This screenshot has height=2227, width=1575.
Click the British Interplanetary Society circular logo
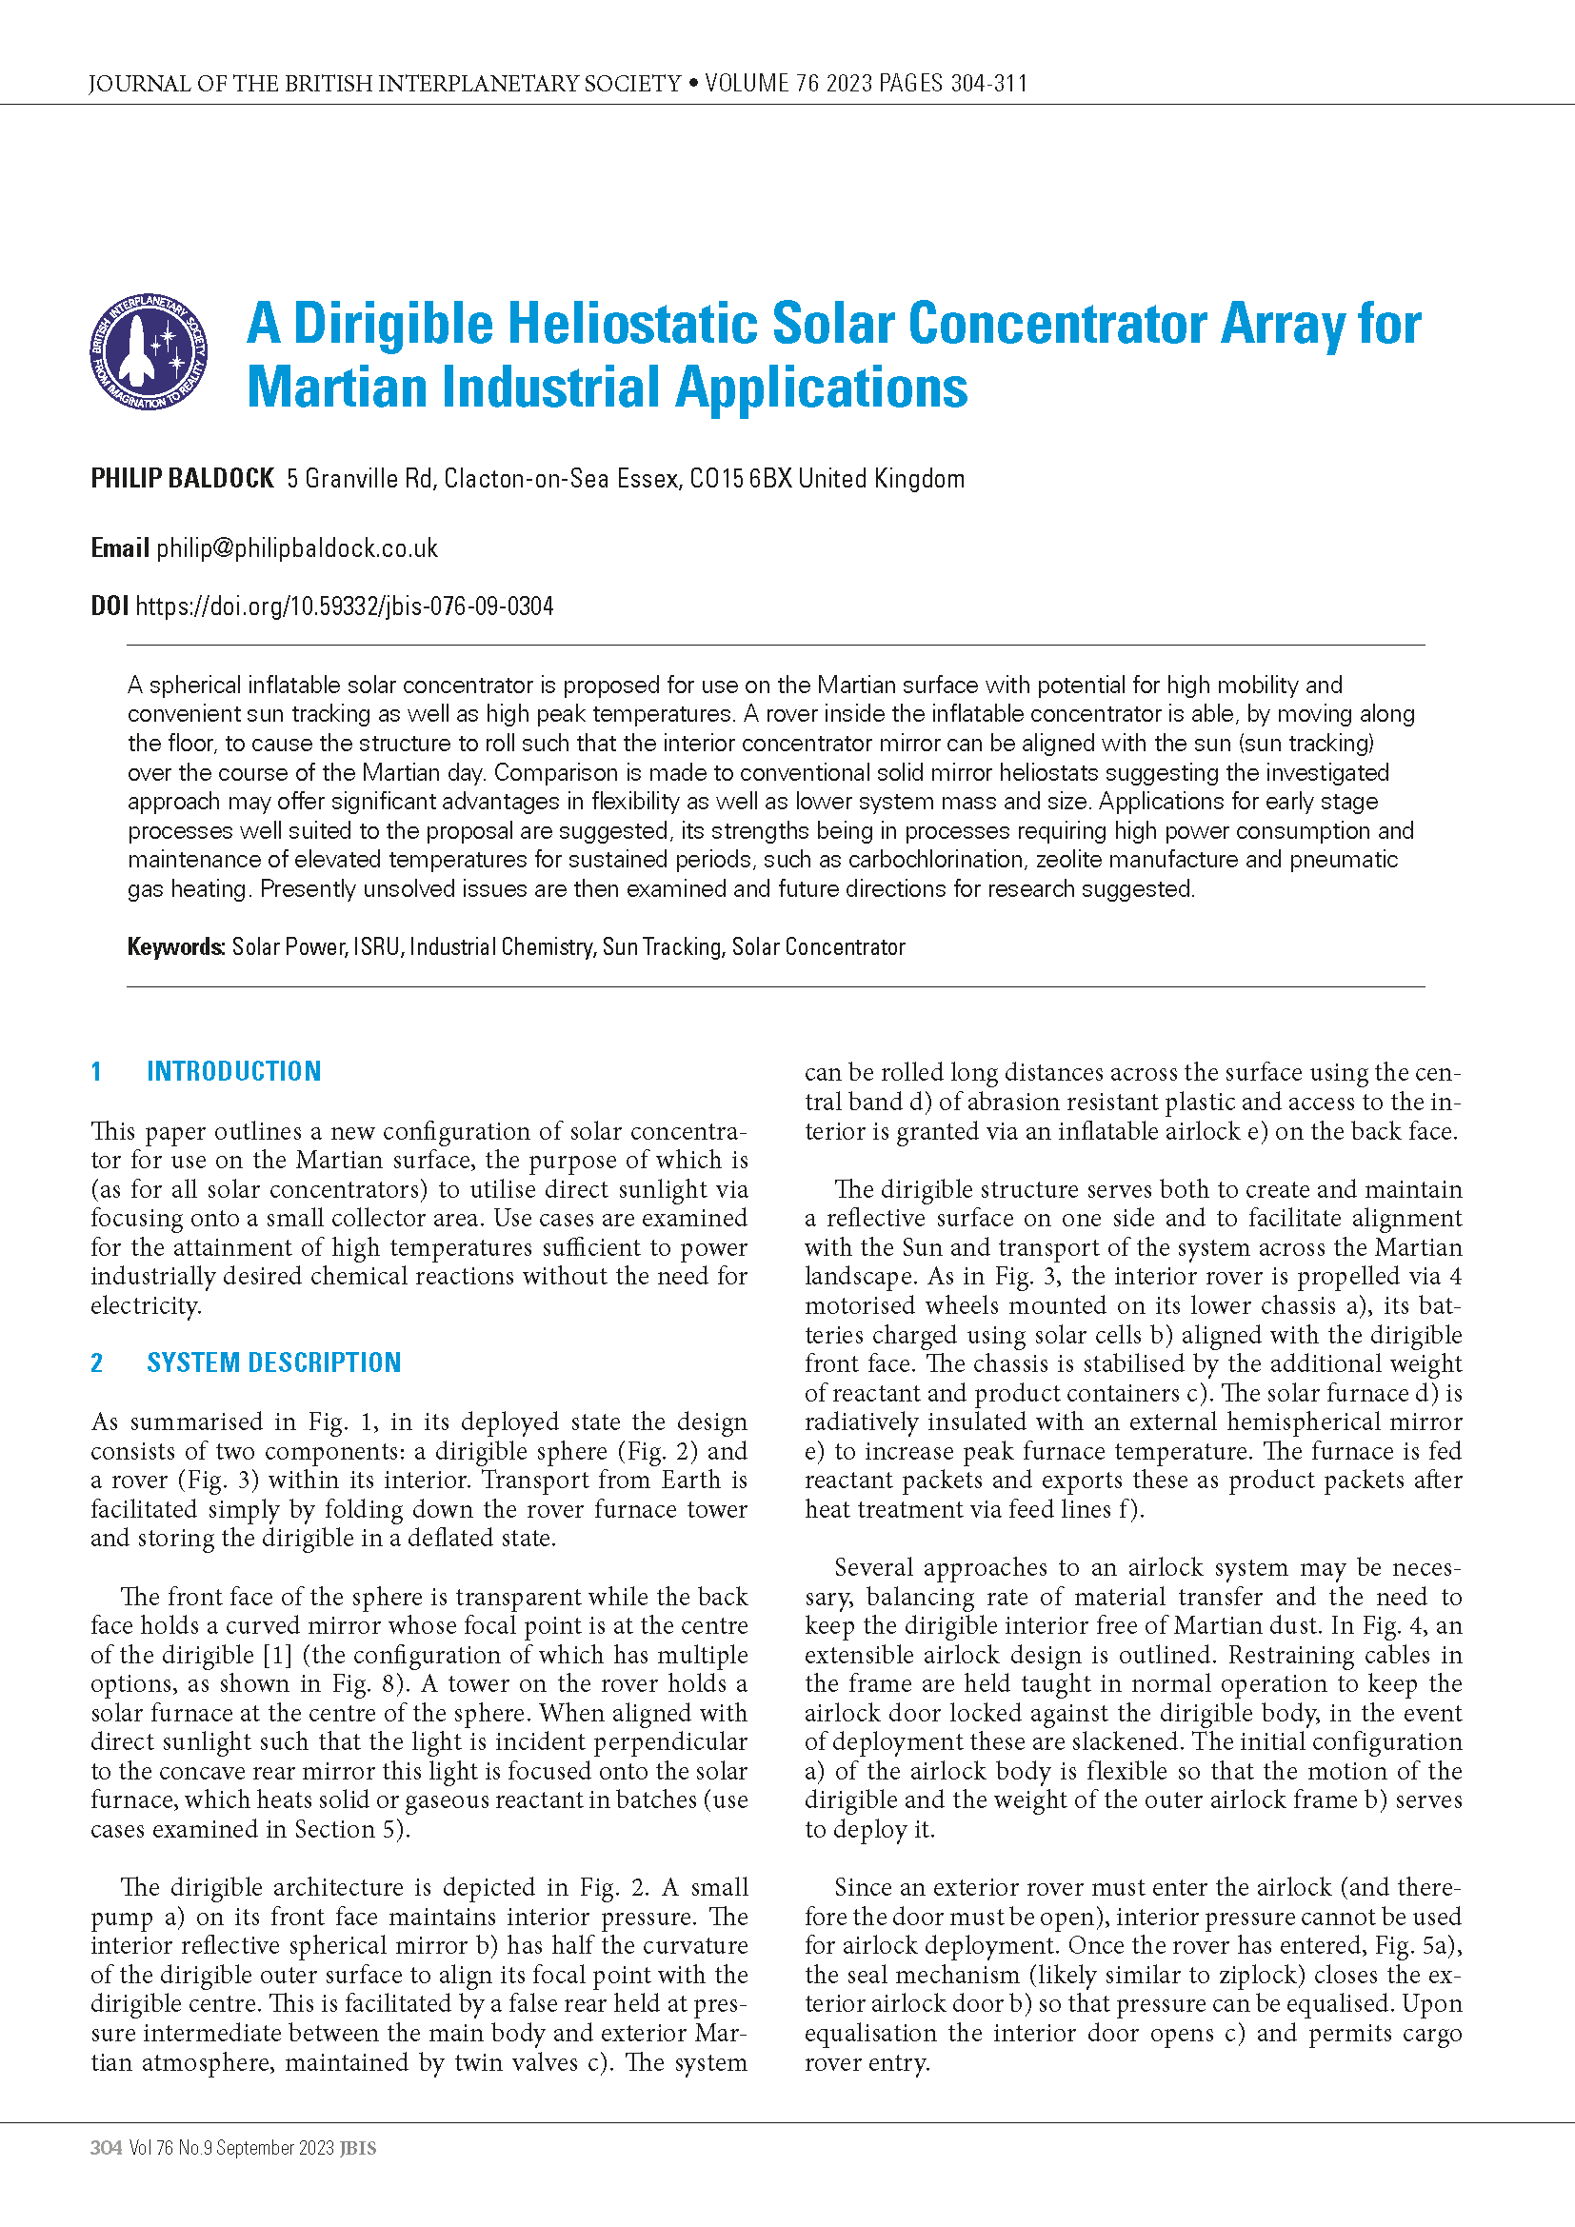[149, 352]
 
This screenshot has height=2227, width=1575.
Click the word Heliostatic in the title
[631, 323]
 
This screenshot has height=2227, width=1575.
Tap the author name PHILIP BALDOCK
[182, 478]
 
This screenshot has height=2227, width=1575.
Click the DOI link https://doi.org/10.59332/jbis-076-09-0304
[345, 606]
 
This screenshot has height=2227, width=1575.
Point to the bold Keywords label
[175, 946]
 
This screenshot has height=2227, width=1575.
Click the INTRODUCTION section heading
[233, 1071]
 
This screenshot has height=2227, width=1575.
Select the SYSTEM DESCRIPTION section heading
[273, 1362]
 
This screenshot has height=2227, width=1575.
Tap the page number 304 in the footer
[106, 2147]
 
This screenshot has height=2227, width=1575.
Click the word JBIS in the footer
[358, 2147]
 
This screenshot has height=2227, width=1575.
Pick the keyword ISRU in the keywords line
[377, 946]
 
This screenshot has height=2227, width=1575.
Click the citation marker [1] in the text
[277, 1655]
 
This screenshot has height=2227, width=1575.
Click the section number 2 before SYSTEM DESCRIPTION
[97, 1362]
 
